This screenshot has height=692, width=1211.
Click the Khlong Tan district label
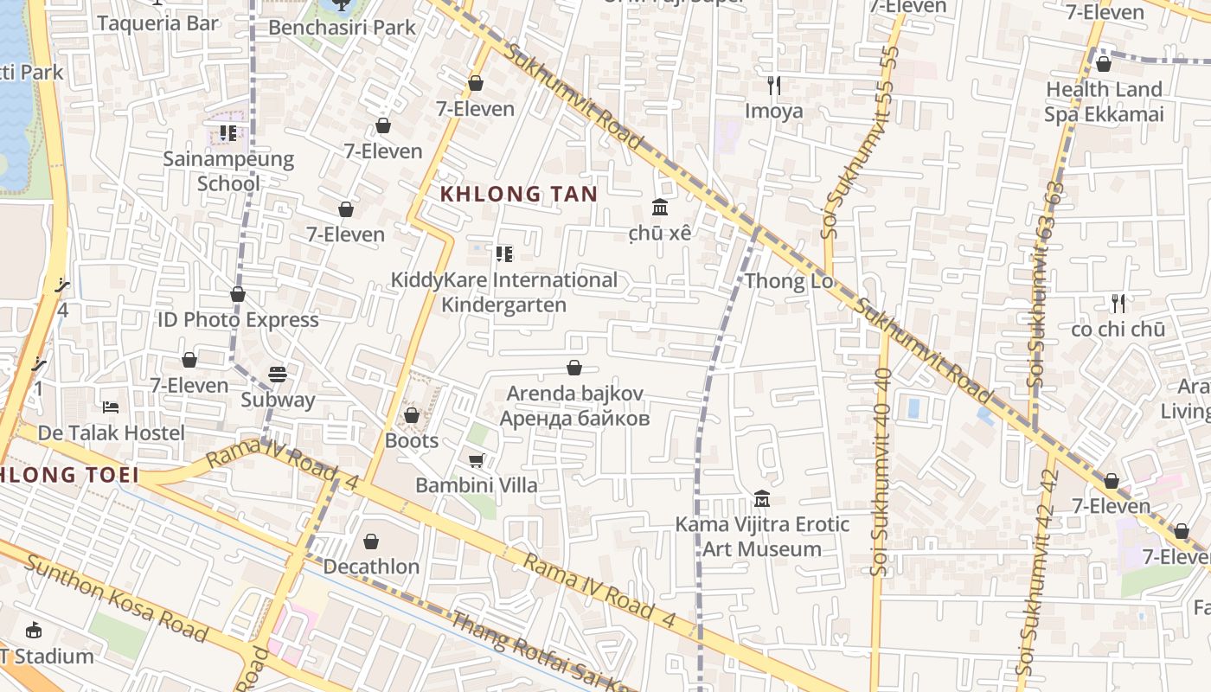(519, 193)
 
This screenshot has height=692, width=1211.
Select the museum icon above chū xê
(660, 207)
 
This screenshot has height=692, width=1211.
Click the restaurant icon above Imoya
(774, 86)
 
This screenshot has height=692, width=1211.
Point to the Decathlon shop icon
(371, 541)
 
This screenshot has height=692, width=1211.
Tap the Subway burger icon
(278, 375)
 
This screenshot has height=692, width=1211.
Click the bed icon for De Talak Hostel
(111, 407)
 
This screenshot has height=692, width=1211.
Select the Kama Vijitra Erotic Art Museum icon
(762, 499)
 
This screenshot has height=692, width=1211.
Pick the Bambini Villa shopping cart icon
(476, 460)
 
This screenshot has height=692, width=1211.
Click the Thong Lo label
(788, 281)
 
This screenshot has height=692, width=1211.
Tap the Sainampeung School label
(228, 171)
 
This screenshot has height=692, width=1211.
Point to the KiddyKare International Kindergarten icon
(503, 254)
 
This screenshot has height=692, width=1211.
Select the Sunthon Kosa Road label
(116, 599)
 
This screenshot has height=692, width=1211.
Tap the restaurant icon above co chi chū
(1118, 304)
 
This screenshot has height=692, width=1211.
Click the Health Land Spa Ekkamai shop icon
(1104, 64)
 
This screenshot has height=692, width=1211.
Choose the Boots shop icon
(412, 415)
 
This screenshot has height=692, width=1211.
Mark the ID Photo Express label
(238, 320)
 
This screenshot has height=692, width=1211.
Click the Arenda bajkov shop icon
(574, 368)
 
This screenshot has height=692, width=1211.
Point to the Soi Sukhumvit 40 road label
(881, 471)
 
